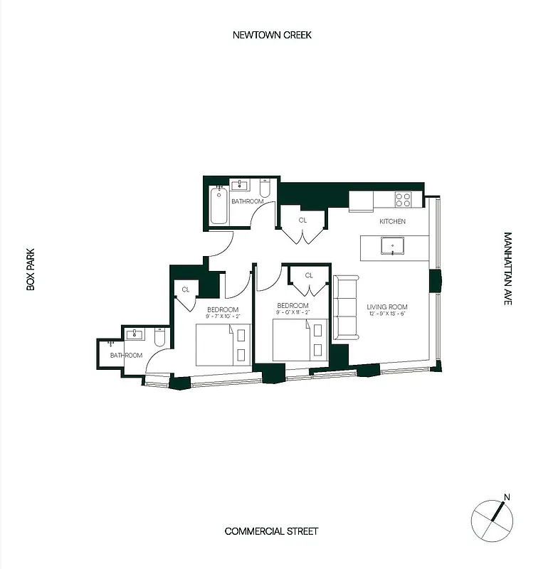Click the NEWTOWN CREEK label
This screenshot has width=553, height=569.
tap(272, 35)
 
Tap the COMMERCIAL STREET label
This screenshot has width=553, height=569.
tap(271, 531)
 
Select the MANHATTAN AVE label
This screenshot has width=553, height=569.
tap(507, 269)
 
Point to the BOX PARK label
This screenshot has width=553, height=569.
tap(31, 269)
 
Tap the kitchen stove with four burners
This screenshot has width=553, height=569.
tap(404, 199)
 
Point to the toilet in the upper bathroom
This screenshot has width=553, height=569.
tap(264, 190)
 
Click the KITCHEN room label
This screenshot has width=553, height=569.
tap(392, 221)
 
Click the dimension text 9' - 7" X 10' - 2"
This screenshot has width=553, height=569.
tap(223, 317)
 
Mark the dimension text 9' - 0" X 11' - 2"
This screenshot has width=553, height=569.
tap(293, 313)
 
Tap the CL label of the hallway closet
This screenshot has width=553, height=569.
tap(302, 220)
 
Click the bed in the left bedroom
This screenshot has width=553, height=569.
tap(223, 344)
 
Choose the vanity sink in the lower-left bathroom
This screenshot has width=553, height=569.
tap(135, 334)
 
